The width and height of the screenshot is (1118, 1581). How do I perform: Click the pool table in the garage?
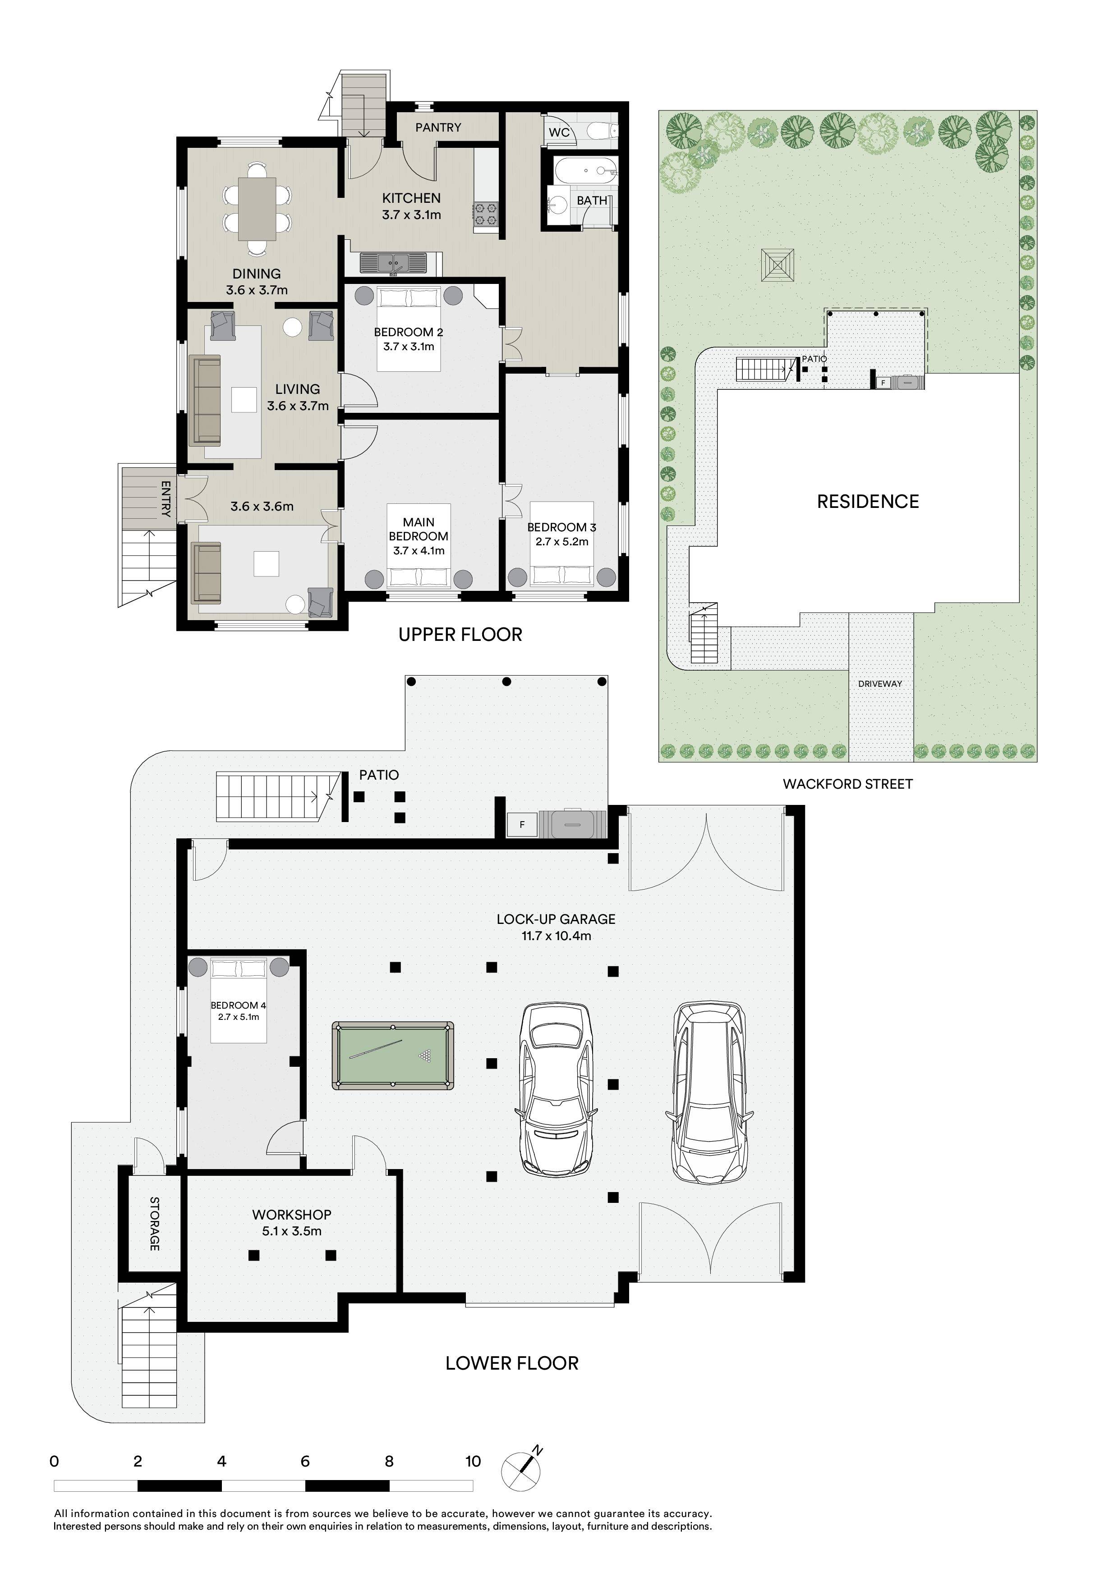tap(393, 1056)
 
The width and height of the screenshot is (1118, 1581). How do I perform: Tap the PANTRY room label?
tap(438, 128)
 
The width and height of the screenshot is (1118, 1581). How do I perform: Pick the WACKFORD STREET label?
tap(847, 784)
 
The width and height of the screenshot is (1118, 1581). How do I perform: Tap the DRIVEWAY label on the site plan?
tap(880, 684)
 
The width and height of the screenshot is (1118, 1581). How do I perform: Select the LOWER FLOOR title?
tap(512, 1363)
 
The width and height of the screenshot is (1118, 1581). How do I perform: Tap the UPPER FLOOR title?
tap(460, 634)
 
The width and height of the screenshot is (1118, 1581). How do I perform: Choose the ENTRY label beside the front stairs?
tap(166, 498)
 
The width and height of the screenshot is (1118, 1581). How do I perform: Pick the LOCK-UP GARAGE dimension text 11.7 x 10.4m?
tap(556, 936)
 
